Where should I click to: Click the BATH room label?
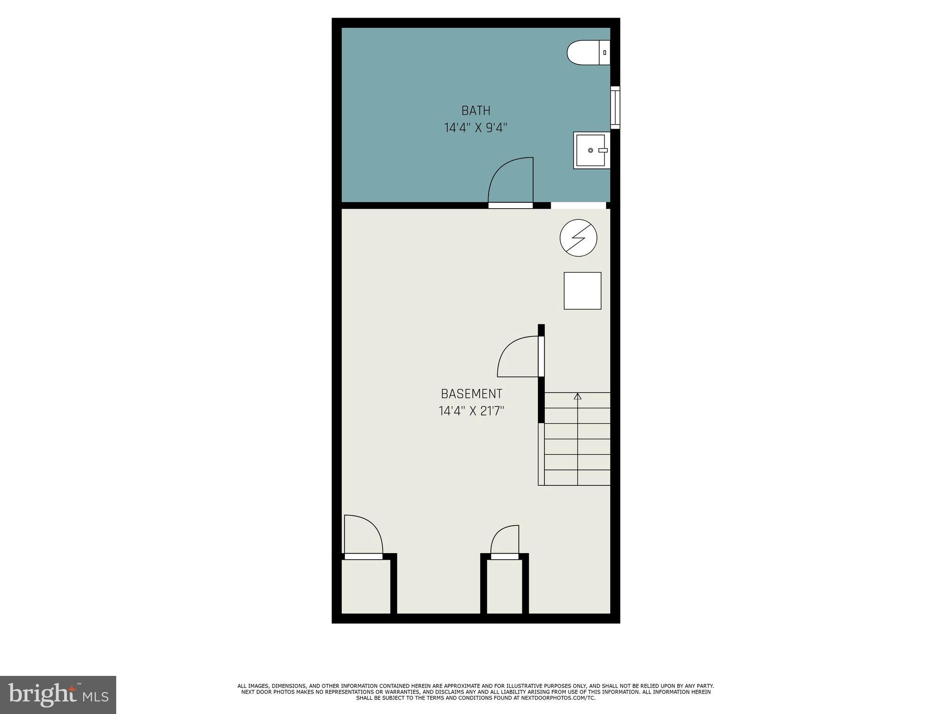[476, 111]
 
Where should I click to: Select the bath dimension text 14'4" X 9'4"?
[476, 128]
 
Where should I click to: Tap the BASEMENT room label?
[471, 394]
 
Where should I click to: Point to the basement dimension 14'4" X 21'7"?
[471, 411]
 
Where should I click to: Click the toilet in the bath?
[587, 53]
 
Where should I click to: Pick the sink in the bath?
[591, 150]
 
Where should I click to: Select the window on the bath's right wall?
[615, 107]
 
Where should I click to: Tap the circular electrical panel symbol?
[578, 238]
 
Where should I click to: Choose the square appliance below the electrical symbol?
[582, 291]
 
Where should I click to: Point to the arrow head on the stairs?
[578, 397]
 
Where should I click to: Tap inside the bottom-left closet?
[366, 587]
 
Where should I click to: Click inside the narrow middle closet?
[504, 587]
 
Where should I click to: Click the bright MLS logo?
[58, 694]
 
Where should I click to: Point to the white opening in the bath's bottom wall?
[578, 205]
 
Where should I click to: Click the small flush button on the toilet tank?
[604, 53]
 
